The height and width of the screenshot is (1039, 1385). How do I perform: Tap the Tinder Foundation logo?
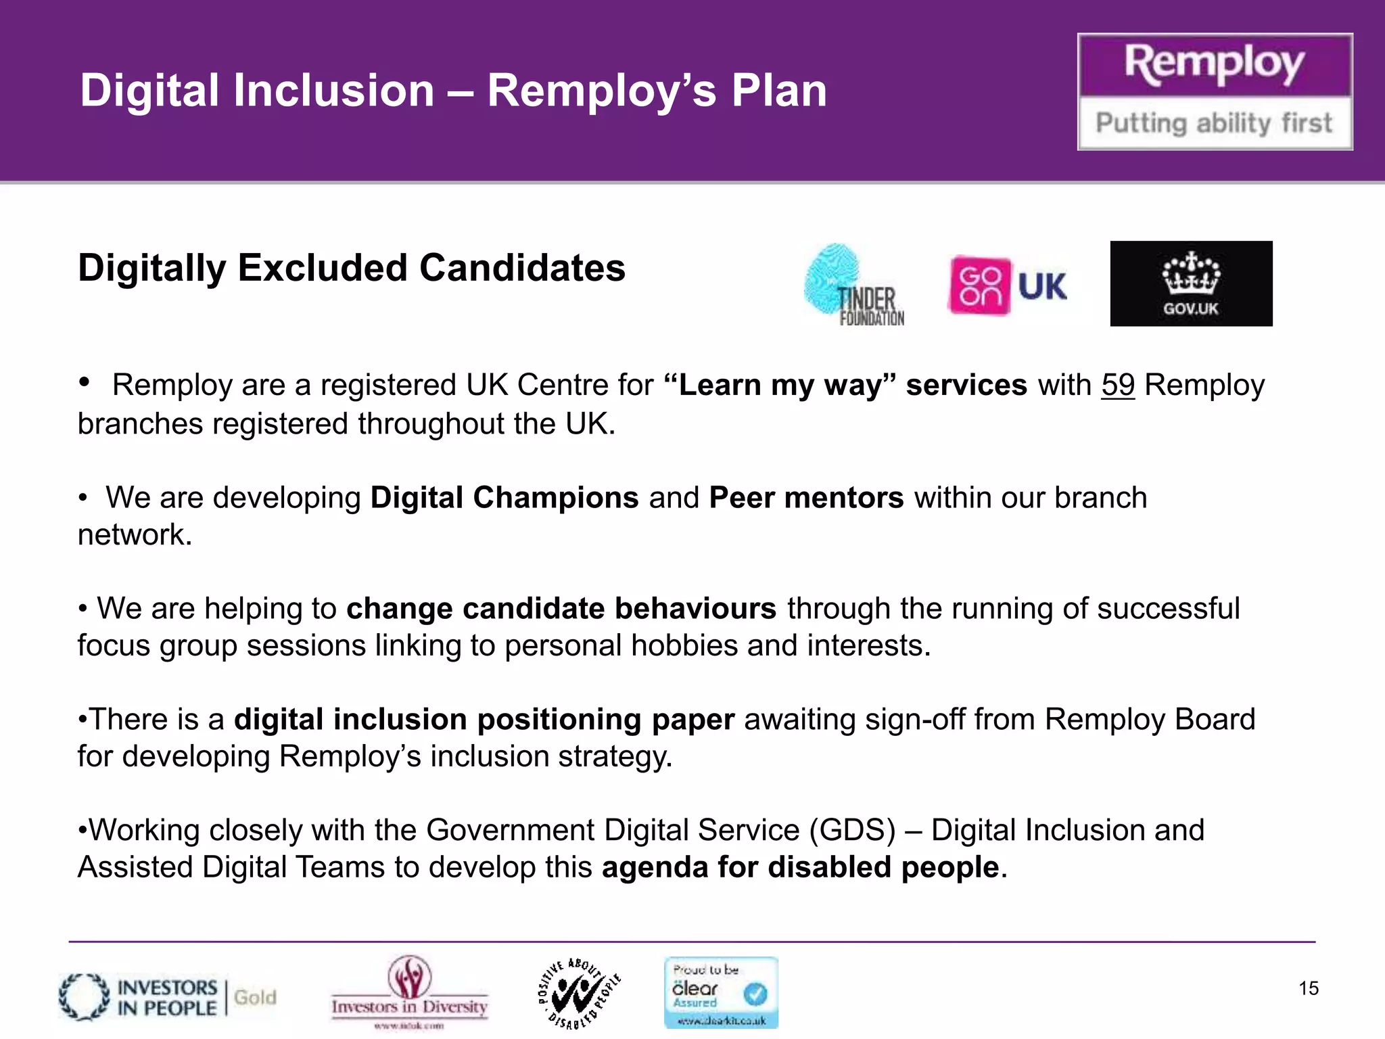853,285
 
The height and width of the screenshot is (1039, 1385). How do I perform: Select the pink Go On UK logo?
1008,285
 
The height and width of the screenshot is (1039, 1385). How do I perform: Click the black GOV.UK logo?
1191,283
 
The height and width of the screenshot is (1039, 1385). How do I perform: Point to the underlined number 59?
1117,385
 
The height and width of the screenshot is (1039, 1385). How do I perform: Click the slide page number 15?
1308,988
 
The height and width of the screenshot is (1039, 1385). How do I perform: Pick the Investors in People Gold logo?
168,997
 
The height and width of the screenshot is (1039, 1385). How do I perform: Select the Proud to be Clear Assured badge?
721,992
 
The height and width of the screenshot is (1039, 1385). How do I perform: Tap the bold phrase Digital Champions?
504,498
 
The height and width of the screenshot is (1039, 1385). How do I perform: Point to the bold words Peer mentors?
806,498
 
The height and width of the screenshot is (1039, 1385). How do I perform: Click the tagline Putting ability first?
1214,123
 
